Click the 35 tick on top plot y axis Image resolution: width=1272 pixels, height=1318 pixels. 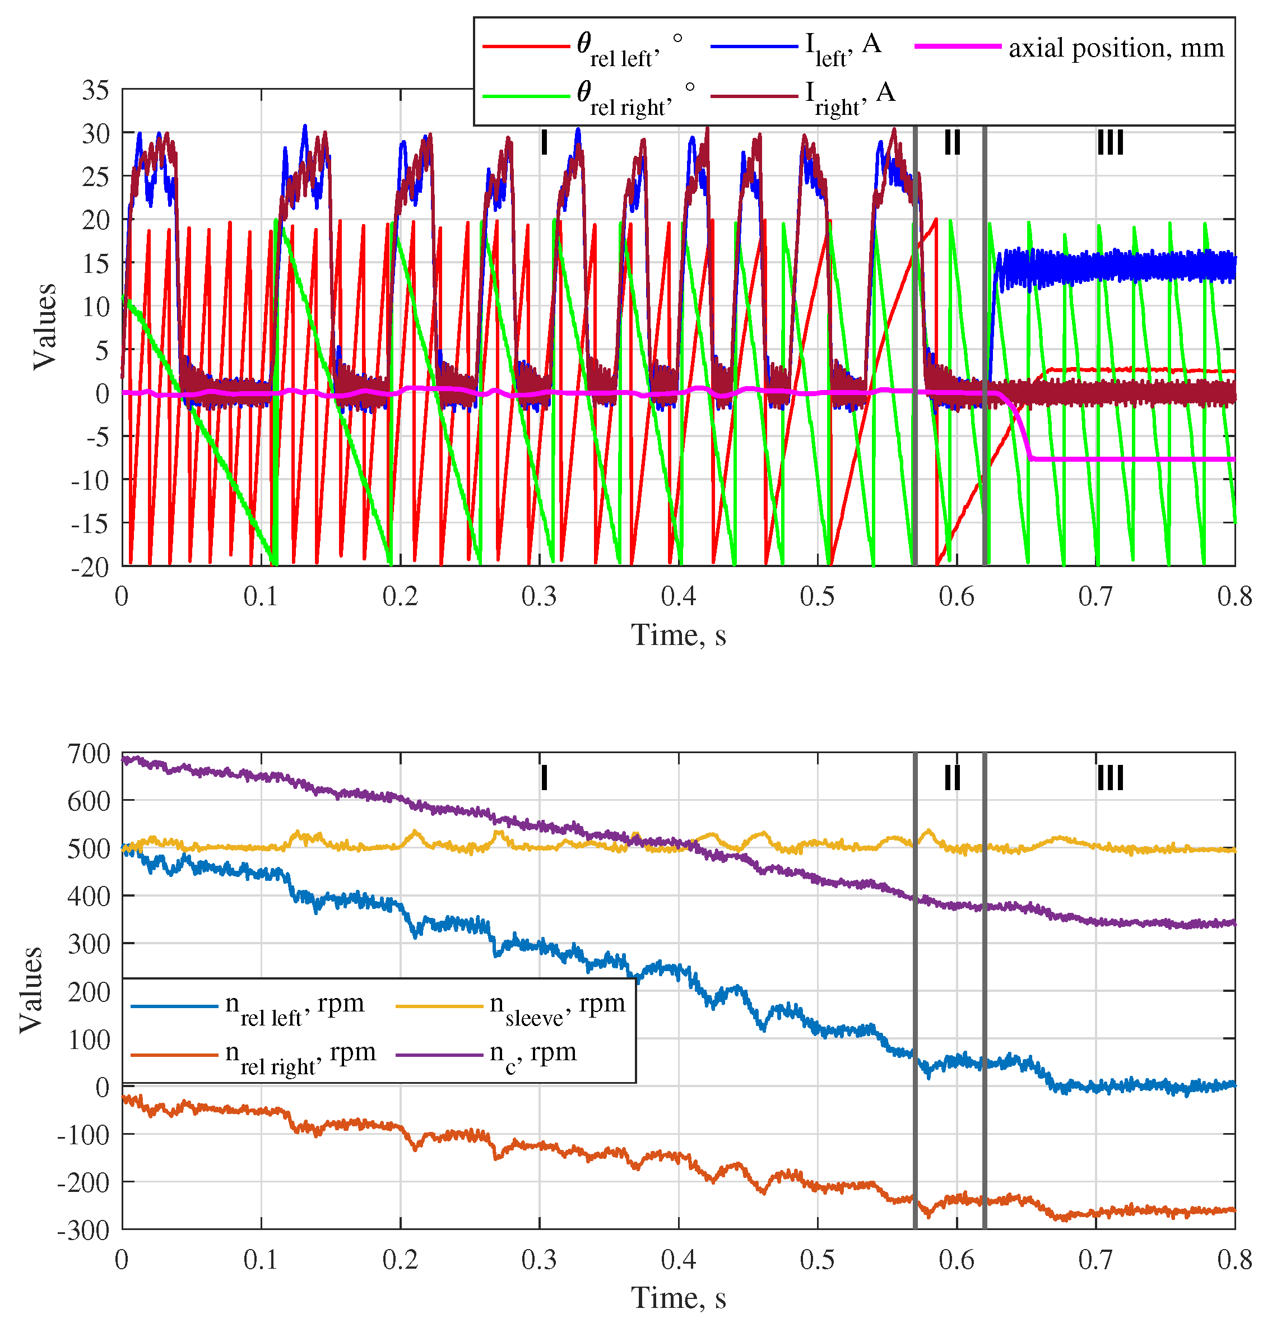click(x=95, y=90)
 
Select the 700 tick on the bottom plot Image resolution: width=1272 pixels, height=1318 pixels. click(x=88, y=754)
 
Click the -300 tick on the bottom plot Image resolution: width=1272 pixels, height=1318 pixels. click(x=83, y=1231)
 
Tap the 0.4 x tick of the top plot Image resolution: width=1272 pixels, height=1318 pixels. click(x=679, y=596)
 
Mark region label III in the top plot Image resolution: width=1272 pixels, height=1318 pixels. click(x=1110, y=142)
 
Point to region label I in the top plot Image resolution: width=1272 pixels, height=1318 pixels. click(x=544, y=142)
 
